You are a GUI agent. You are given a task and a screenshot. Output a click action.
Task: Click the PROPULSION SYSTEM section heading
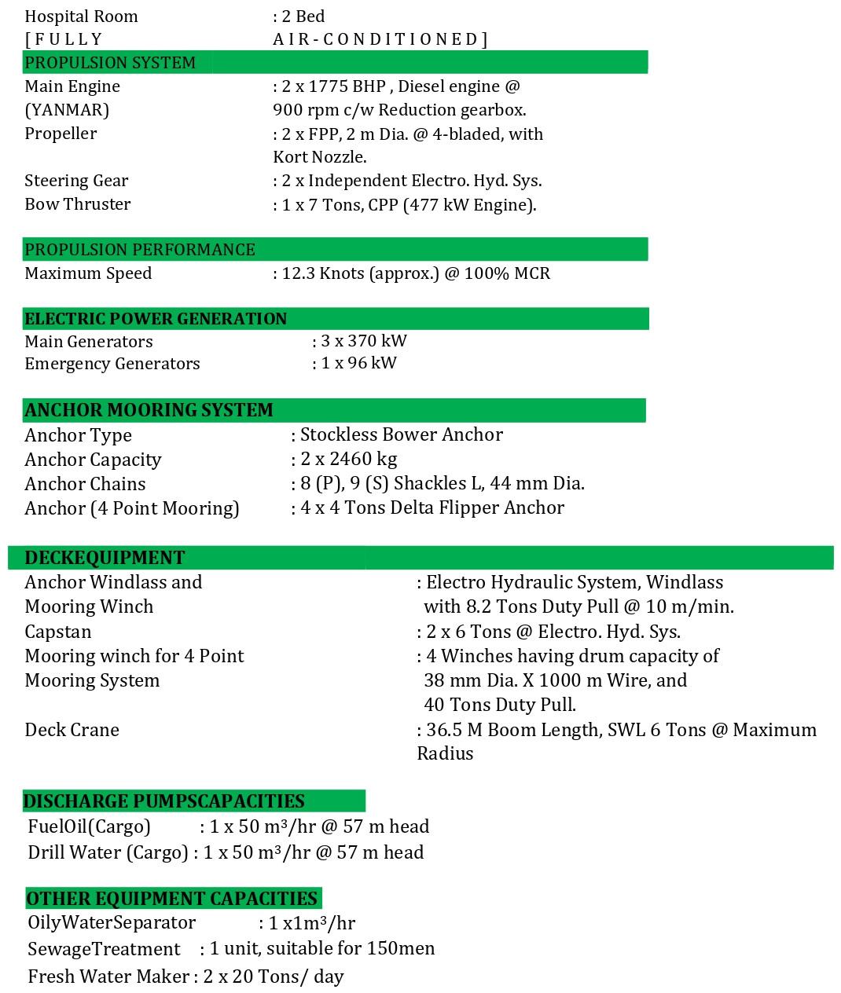[110, 63]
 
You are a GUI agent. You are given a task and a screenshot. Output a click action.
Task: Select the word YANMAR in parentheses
[67, 110]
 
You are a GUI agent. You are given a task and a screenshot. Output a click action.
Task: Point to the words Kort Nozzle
[319, 157]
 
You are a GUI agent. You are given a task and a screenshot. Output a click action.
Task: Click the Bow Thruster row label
[78, 204]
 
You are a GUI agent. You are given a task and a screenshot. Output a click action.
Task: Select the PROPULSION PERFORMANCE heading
[140, 250]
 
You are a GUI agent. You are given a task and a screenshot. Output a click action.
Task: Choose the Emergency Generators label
[112, 364]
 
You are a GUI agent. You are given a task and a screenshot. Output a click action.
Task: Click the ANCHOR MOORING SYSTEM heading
[149, 410]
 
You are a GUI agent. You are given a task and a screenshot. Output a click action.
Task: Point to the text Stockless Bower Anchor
[402, 434]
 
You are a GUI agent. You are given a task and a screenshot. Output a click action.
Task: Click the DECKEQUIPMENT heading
[105, 558]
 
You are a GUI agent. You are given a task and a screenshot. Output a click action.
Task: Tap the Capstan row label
[58, 632]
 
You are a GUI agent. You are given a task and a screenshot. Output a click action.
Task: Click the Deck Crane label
[72, 730]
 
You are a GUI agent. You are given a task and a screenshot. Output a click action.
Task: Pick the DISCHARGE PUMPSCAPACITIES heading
[164, 801]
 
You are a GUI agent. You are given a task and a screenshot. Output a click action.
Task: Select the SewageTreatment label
[104, 949]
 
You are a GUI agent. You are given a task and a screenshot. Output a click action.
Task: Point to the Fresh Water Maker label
[108, 977]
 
